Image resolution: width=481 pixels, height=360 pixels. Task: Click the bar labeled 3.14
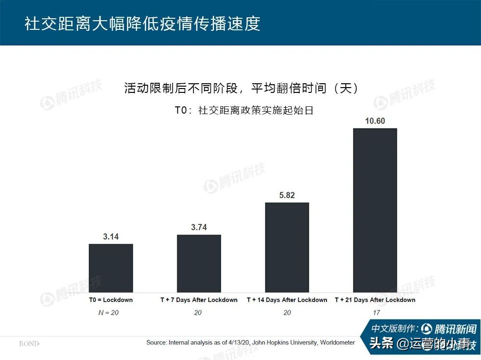coord(111,268)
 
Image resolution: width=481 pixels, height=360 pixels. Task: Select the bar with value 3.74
coord(199,263)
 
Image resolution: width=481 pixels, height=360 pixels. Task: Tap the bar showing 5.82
coord(287,247)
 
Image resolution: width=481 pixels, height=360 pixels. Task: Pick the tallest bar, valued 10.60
coord(375,210)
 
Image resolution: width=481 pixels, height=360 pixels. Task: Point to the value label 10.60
coord(375,121)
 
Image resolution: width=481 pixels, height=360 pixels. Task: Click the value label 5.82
coord(287,195)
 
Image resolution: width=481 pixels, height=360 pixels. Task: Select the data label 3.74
coord(199,228)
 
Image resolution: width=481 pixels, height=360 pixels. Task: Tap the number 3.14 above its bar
coord(111,237)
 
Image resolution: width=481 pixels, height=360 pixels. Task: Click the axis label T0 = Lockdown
coord(111,300)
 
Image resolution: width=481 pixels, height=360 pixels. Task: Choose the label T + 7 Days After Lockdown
coord(199,300)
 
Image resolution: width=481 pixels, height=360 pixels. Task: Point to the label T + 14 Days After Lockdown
coord(287,300)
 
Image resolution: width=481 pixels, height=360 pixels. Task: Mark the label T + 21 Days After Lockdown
coord(375,300)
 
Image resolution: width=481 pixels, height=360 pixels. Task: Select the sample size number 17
coord(376,313)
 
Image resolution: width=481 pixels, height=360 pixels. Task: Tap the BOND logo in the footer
coord(29,344)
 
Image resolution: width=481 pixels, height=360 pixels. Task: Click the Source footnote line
coord(250,343)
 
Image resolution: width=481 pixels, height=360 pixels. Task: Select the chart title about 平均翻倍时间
coord(240,89)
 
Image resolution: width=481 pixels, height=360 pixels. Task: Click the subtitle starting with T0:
coord(244,110)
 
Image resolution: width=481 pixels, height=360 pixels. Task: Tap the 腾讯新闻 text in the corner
coord(455,329)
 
